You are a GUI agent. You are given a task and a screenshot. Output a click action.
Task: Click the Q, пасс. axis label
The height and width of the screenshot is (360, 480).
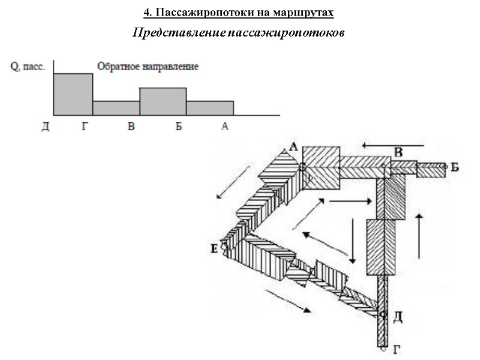pyautogui.click(x=27, y=67)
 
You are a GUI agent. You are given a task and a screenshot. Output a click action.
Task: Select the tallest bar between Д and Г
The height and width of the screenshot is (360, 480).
pyautogui.click(x=73, y=94)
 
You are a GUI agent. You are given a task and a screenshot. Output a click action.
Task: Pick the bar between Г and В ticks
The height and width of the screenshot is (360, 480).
pyautogui.click(x=116, y=108)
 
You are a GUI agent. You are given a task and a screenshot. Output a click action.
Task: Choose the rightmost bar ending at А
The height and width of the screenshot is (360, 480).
pyautogui.click(x=209, y=108)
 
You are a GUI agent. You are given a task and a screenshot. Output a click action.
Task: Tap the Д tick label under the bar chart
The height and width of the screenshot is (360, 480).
pyautogui.click(x=45, y=127)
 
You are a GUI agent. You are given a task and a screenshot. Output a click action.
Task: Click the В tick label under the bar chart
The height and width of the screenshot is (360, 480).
pyautogui.click(x=131, y=127)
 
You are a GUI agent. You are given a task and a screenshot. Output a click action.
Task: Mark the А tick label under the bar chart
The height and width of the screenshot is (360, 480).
pyautogui.click(x=225, y=127)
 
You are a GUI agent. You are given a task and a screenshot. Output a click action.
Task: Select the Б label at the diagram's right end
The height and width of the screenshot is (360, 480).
pyautogui.click(x=455, y=167)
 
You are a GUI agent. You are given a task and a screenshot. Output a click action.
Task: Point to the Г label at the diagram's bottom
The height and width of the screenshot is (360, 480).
pyautogui.click(x=395, y=349)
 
